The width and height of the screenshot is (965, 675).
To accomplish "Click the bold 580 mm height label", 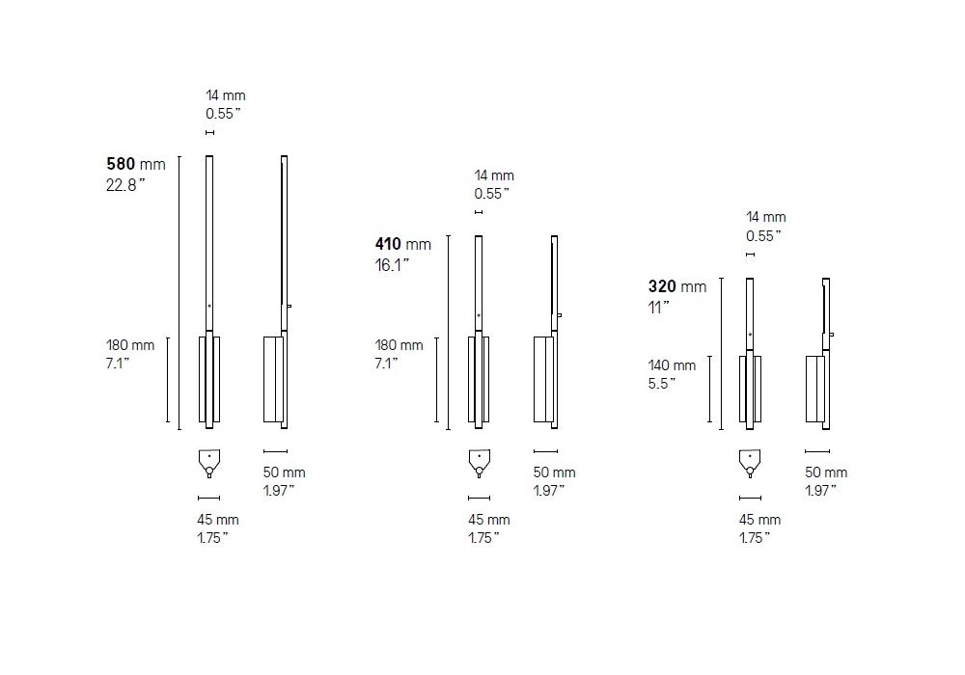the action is coord(136,164).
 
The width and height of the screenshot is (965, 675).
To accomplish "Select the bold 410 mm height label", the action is coord(403,244).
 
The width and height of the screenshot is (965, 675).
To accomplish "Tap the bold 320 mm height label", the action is coord(677,286).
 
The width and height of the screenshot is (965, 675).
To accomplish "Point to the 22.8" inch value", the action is coord(125,185).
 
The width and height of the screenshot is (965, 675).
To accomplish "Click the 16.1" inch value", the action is coord(392,265).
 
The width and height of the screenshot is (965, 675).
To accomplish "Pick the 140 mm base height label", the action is coord(672,365).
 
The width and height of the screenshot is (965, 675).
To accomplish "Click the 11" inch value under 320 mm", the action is coord(658,308).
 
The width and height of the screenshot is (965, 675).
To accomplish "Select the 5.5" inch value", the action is coord(662,384).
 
